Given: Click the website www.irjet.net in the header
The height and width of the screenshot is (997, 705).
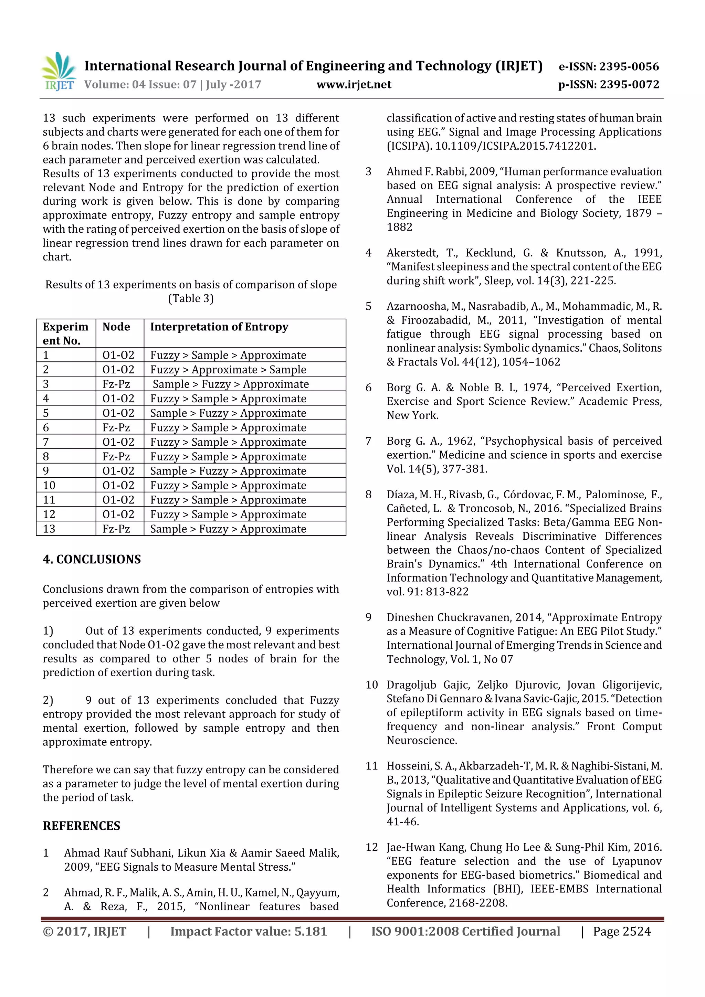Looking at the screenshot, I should [354, 85].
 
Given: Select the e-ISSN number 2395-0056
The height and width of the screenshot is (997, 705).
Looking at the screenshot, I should [629, 66].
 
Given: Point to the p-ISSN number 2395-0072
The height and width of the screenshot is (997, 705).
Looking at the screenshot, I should [629, 85].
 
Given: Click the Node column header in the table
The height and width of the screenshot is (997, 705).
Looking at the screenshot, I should [116, 327].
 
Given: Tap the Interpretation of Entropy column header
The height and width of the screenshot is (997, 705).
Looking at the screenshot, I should [219, 327].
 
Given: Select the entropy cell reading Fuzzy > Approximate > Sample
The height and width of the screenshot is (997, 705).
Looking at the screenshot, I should [228, 370].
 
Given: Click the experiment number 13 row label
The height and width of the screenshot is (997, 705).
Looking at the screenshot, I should [49, 529].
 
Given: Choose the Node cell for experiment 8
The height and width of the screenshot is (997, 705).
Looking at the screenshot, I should [116, 457].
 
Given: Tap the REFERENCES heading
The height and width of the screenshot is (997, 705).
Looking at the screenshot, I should [81, 826].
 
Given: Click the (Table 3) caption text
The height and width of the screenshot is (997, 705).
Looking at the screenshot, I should [191, 299].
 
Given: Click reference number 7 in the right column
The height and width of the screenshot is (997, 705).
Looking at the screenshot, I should [368, 441].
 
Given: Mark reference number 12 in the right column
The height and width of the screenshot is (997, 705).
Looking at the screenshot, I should [372, 847].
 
